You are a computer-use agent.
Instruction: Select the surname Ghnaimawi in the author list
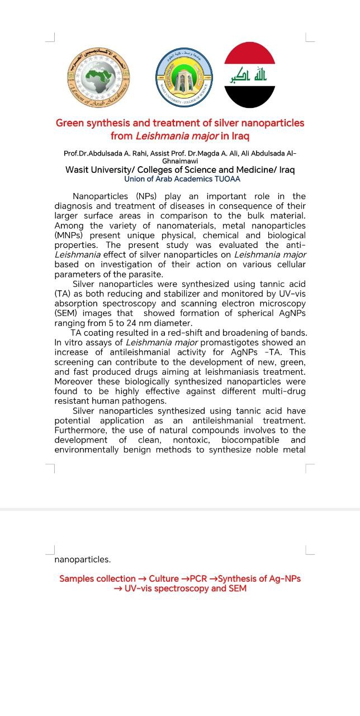tap(180, 161)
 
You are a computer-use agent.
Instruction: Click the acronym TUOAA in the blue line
tap(228, 179)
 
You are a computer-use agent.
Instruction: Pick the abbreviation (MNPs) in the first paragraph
tap(69, 235)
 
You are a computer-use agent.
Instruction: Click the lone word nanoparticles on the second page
tap(82, 559)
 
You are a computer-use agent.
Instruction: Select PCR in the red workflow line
tap(199, 579)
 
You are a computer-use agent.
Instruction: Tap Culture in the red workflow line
tap(163, 579)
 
